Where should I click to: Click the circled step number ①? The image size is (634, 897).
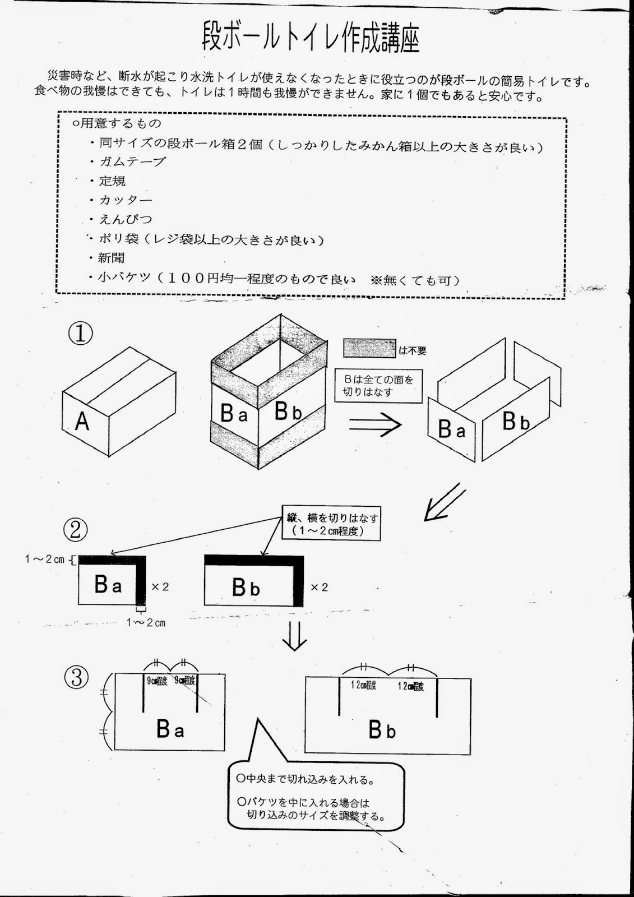80,333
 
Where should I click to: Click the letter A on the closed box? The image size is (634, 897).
82,420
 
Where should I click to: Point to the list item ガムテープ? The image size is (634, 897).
132,162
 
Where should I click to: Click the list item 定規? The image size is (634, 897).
112,181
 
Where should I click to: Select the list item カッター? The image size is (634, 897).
126,200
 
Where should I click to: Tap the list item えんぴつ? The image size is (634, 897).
126,219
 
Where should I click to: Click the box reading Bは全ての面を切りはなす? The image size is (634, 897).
378,386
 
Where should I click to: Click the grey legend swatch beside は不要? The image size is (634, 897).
369,349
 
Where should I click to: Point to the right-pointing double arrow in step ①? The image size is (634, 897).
375,424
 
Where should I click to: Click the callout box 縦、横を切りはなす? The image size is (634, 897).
331,524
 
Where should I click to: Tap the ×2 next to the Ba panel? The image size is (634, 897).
160,587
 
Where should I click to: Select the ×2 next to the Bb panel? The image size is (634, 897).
319,587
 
